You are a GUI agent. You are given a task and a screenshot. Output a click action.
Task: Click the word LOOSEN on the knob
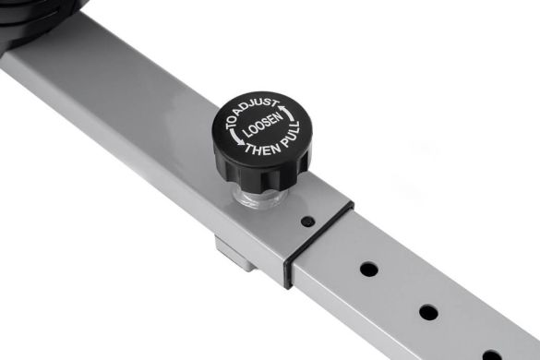coord(262,126)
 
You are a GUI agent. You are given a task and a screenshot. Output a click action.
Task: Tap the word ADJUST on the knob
coord(258,107)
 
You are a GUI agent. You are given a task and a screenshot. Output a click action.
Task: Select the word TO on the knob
coord(232,122)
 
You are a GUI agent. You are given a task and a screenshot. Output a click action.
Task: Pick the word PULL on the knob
coord(291,136)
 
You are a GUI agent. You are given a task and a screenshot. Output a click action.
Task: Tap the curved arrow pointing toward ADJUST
coord(288,113)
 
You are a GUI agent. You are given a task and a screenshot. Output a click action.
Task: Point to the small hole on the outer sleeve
coord(307,222)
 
